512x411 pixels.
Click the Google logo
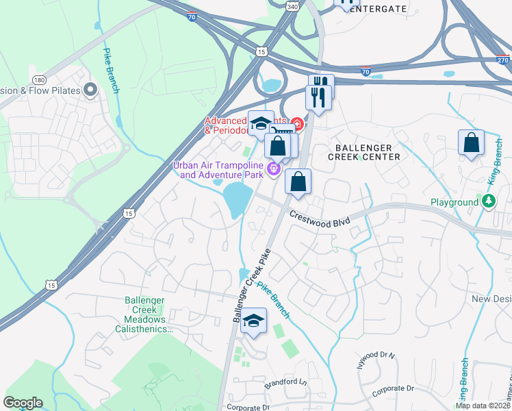[23, 403]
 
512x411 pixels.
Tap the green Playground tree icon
[488, 201]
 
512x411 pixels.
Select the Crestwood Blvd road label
[320, 219]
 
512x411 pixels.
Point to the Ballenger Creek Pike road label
[252, 286]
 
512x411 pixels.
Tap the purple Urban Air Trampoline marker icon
[274, 166]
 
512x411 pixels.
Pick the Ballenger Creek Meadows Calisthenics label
[145, 314]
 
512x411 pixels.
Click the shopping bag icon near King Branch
[471, 143]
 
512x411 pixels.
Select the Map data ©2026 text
[482, 406]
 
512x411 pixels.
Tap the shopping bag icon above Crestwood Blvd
[298, 182]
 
